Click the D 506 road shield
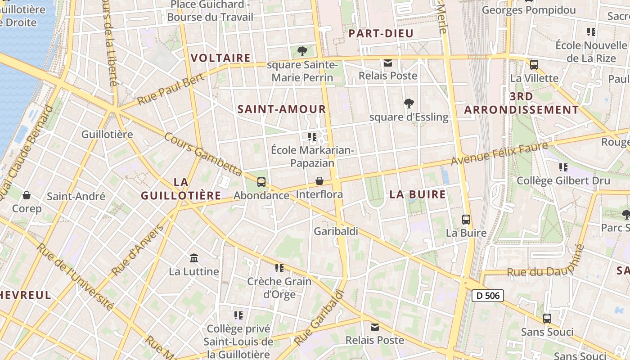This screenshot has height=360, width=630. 487,296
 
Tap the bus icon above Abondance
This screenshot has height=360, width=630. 261,182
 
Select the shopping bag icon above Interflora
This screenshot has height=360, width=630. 319,181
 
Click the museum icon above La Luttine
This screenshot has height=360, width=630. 194,258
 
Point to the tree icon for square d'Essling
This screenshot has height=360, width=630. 409,103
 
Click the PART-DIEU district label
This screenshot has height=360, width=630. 381,33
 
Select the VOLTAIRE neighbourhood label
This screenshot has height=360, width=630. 220,58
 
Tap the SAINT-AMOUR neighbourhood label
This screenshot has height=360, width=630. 282,109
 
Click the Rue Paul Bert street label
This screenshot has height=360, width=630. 171,89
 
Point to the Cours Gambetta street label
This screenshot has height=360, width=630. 203,154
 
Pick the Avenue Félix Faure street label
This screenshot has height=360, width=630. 499,153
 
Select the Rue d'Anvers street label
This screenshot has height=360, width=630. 138,250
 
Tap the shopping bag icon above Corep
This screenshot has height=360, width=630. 27,195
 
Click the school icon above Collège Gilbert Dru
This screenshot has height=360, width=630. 563,167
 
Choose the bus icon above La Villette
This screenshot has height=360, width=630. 534,64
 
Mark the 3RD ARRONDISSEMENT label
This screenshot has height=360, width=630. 522,103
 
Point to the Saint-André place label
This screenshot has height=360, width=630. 76,196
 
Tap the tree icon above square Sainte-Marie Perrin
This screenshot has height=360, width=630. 302,51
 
